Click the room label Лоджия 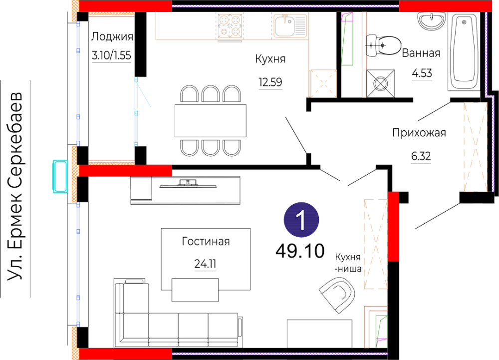pyautogui.click(x=112, y=37)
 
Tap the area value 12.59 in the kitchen pyautogui.click(x=270, y=82)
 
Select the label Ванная pyautogui.click(x=421, y=53)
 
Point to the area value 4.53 pyautogui.click(x=422, y=73)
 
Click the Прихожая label pyautogui.click(x=419, y=132)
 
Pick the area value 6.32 pyautogui.click(x=421, y=156)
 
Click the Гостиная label pyautogui.click(x=206, y=241)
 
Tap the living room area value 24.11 pyautogui.click(x=205, y=264)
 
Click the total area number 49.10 pyautogui.click(x=300, y=251)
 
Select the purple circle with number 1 pyautogui.click(x=301, y=220)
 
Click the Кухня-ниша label pyautogui.click(x=348, y=263)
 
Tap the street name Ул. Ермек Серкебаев pyautogui.click(x=15, y=186)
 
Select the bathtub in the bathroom pyautogui.click(x=464, y=51)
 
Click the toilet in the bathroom pyautogui.click(x=383, y=46)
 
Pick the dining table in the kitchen pyautogui.click(x=211, y=121)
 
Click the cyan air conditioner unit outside pyautogui.click(x=60, y=176)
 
